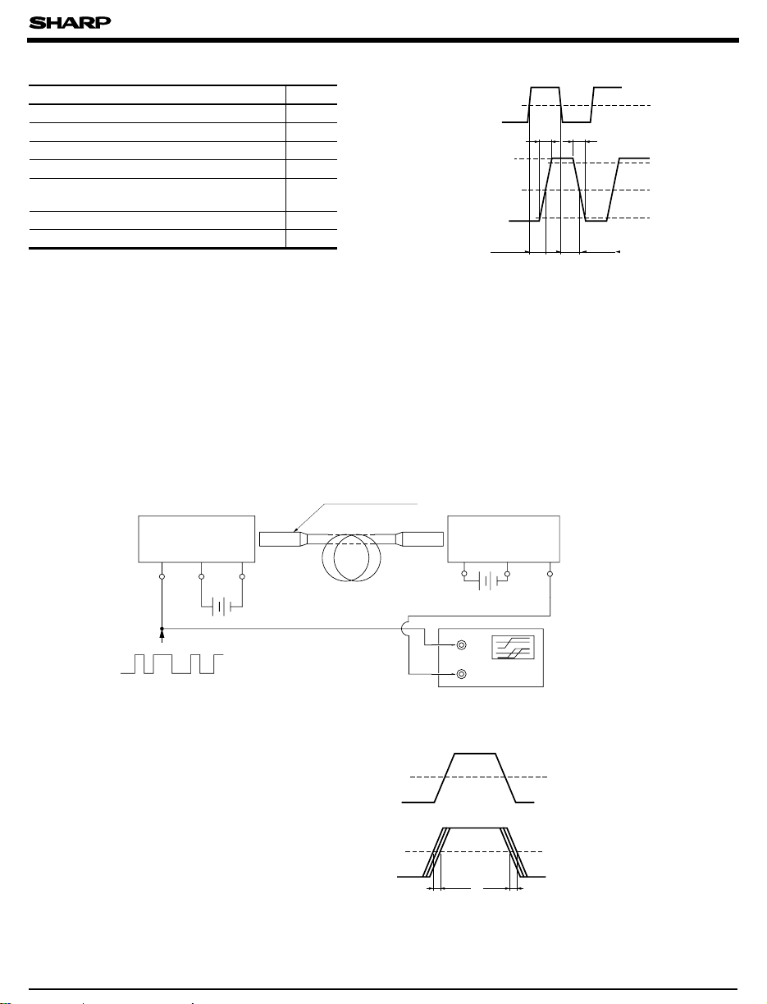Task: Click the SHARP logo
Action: pyautogui.click(x=70, y=23)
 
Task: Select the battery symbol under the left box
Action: pyautogui.click(x=221, y=607)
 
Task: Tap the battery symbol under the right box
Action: pyautogui.click(x=488, y=582)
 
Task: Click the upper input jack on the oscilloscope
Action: pyautogui.click(x=462, y=645)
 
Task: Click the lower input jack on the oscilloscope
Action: pyautogui.click(x=462, y=674)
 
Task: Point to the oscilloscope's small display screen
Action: pyautogui.click(x=513, y=647)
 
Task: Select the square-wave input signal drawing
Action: pyautogui.click(x=172, y=664)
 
